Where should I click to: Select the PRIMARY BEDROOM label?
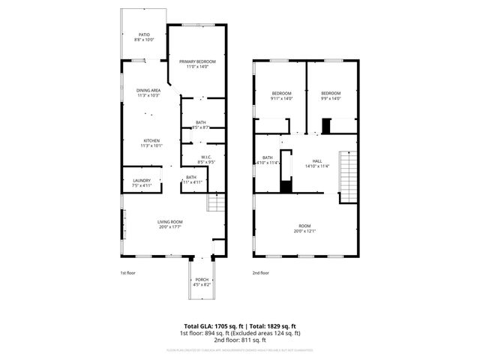tap(197, 61)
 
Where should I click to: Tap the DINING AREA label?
tap(148, 91)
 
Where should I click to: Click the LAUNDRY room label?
tap(142, 180)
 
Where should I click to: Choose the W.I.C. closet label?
tap(200, 157)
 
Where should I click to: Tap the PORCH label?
tap(201, 280)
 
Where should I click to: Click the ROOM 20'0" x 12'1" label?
tap(304, 226)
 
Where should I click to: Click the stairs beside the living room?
tap(216, 202)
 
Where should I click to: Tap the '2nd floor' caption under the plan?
tap(261, 272)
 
